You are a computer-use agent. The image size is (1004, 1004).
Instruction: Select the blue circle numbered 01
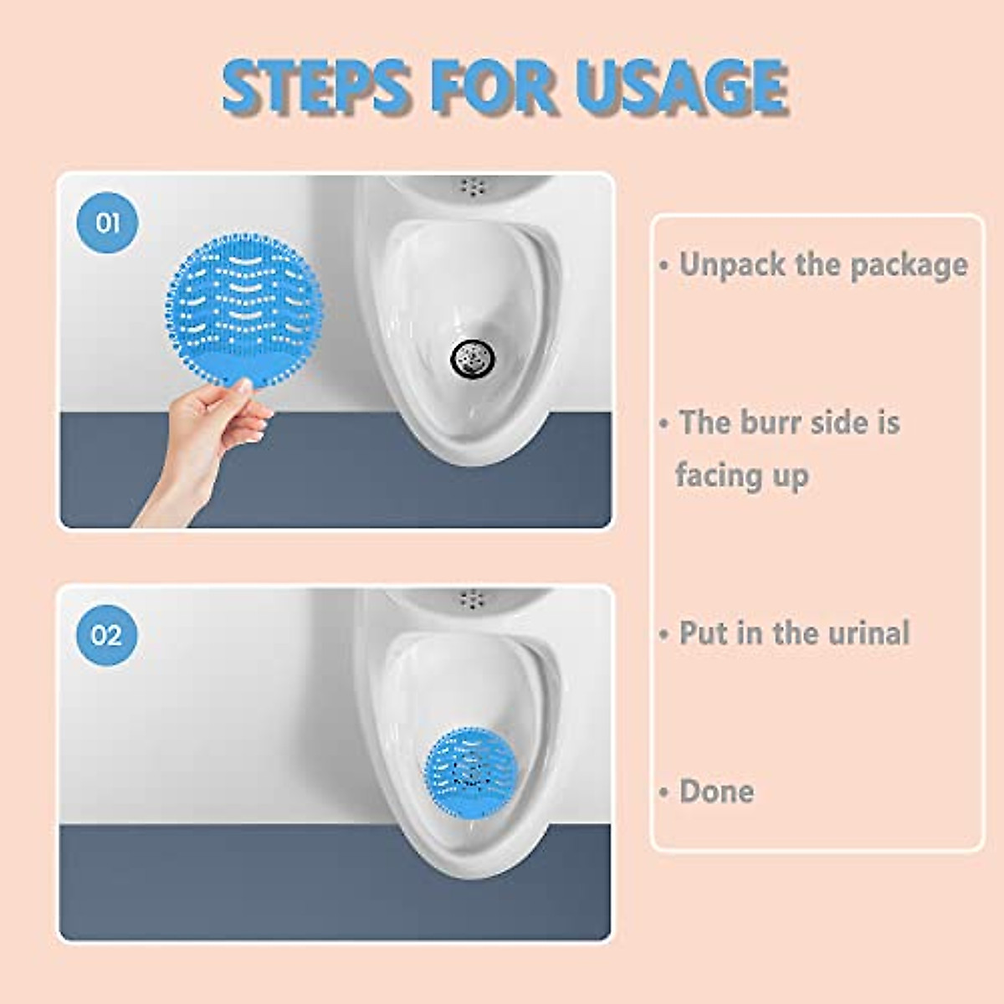coord(108,223)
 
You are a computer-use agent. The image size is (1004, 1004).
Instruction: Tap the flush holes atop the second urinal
coord(474,598)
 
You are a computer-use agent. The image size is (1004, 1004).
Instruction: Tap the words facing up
coord(741,476)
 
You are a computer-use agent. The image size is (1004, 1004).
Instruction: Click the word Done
coord(716,791)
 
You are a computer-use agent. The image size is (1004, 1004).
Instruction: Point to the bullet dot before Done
coord(664,792)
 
